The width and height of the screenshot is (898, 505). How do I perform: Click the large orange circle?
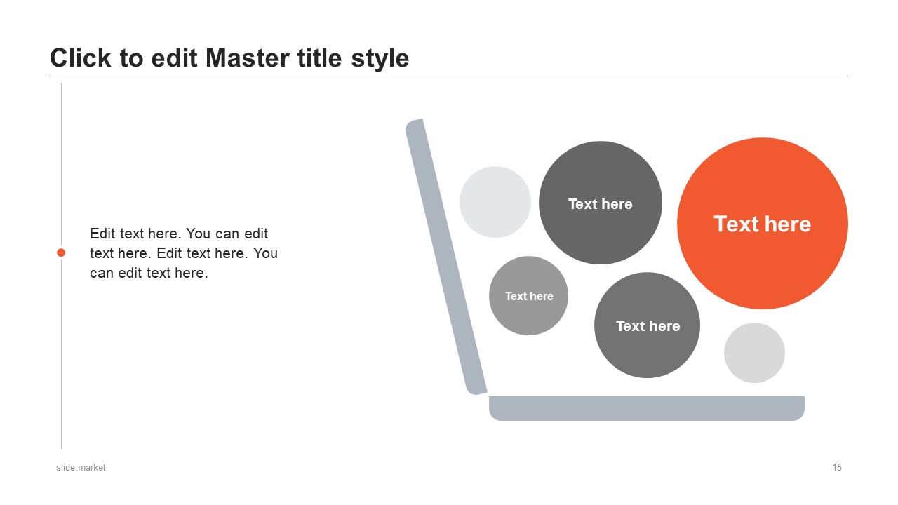[x=763, y=223]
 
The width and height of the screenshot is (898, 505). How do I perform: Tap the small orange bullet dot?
[x=61, y=252]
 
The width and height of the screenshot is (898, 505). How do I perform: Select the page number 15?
[x=837, y=467]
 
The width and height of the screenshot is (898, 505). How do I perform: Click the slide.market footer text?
[x=81, y=467]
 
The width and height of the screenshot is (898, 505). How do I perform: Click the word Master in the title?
[x=248, y=58]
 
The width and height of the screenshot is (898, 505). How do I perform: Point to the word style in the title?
[x=380, y=59]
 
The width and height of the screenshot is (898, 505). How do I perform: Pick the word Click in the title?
[x=80, y=58]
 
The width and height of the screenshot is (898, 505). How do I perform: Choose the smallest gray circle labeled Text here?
[x=528, y=296]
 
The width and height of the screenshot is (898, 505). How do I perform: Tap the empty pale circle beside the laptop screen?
[x=495, y=202]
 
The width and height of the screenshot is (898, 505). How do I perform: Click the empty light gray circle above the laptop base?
[x=754, y=353]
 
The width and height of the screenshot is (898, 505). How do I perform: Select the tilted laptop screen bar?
[x=445, y=257]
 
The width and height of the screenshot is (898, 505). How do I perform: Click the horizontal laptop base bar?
[x=647, y=408]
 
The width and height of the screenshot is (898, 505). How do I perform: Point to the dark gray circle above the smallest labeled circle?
[x=600, y=203]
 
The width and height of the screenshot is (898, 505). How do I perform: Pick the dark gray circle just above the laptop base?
[x=647, y=325]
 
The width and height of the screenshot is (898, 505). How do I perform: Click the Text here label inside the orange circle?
[x=763, y=224]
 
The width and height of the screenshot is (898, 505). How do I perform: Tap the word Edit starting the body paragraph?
[x=103, y=234]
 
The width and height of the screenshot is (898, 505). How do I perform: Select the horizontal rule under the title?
[x=448, y=76]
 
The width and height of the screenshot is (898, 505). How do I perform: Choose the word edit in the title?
[x=175, y=58]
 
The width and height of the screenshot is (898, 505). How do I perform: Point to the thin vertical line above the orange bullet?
[x=61, y=165]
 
